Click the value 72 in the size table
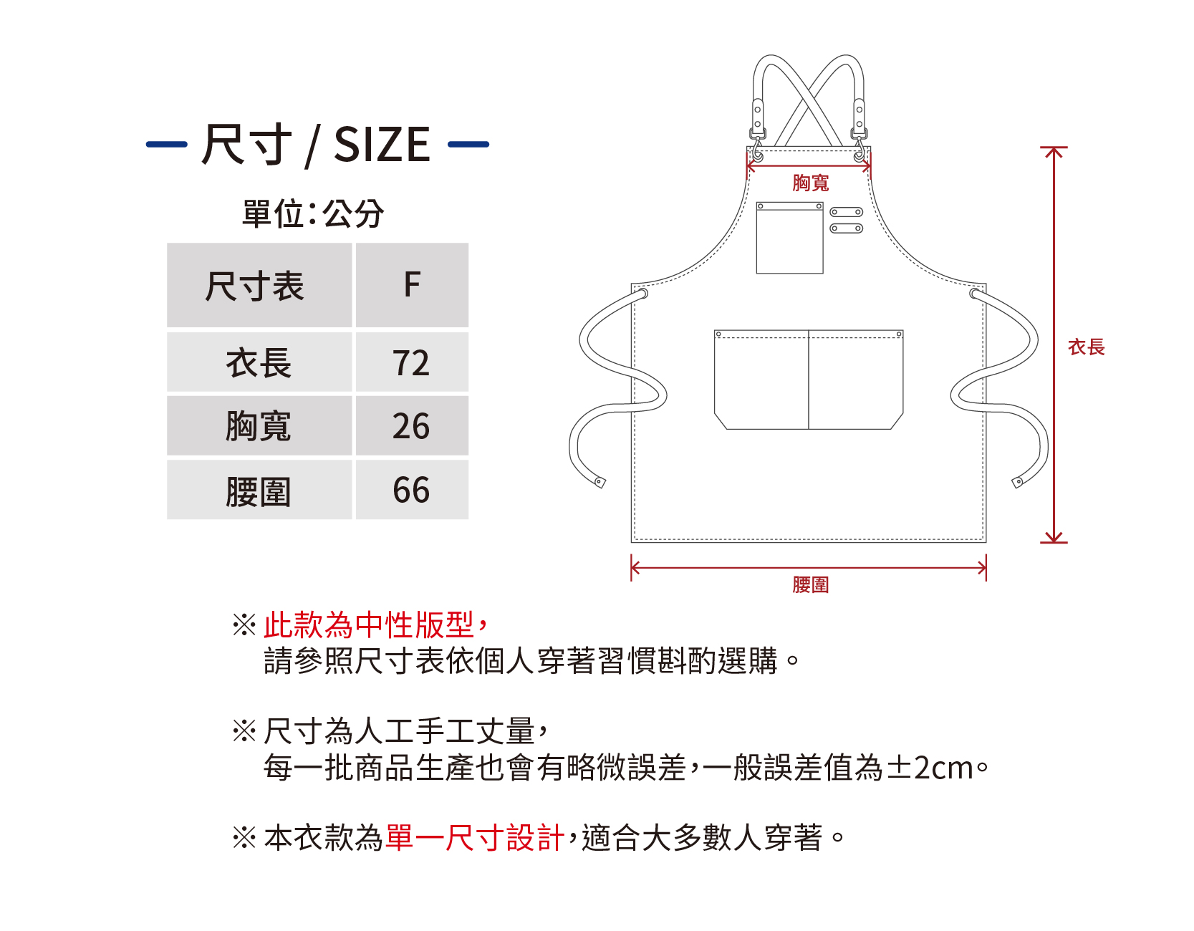pos(411,362)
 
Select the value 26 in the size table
pos(411,426)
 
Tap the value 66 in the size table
pos(411,490)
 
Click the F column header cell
pos(412,285)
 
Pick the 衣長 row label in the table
pos(259,363)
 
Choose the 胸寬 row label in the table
pos(259,427)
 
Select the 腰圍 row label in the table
pos(259,491)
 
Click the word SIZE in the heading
pos(382,145)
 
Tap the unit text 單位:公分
pos(313,213)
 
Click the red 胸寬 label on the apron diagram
pos(810,183)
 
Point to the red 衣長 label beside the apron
pos(1086,347)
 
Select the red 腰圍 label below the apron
pos(810,585)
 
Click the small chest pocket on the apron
pos(789,238)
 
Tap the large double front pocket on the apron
pos(809,380)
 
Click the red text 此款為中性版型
pos(369,624)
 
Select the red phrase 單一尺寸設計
pos(475,837)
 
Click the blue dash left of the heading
pos(167,145)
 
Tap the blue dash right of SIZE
pos(468,145)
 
